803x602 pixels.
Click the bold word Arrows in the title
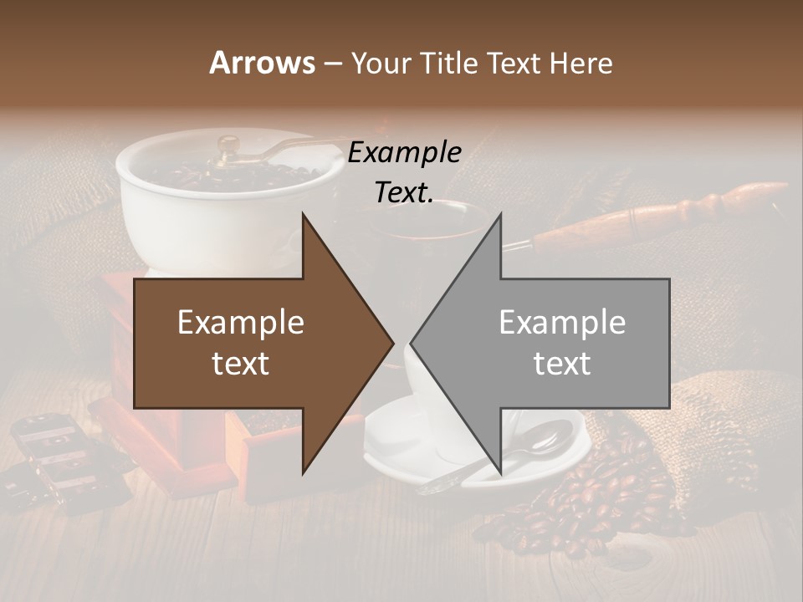(x=263, y=63)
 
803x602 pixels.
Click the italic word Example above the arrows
(x=405, y=153)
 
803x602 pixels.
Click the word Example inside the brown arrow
(x=241, y=323)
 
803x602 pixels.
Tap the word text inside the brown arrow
(x=241, y=364)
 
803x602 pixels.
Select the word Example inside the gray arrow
(x=562, y=323)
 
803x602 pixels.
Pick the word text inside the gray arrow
(x=562, y=364)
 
